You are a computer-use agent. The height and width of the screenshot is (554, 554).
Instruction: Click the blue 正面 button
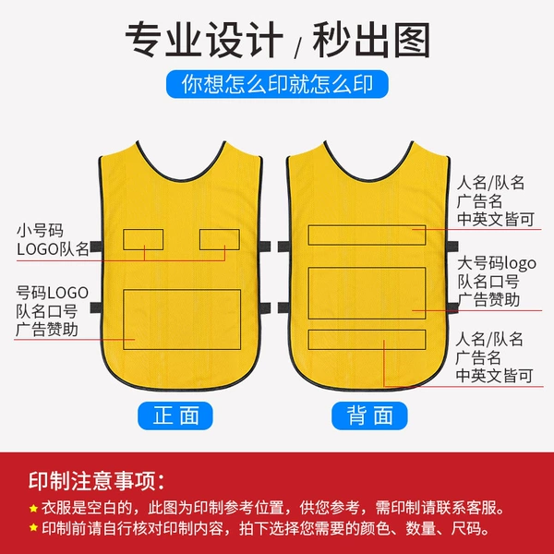click(x=175, y=415)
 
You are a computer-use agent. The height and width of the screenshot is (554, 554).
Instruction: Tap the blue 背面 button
click(x=369, y=415)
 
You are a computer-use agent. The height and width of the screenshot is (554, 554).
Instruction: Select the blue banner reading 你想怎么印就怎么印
click(x=277, y=84)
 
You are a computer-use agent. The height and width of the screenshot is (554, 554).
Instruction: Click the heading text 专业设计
click(x=204, y=40)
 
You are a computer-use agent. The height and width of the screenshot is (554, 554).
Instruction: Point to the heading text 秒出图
click(x=371, y=40)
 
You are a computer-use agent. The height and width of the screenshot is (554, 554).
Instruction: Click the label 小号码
click(x=40, y=231)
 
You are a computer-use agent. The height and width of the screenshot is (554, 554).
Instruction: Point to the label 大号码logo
click(x=497, y=263)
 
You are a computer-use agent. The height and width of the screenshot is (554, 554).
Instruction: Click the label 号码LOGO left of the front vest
click(x=52, y=293)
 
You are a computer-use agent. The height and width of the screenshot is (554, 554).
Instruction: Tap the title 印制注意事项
click(x=96, y=480)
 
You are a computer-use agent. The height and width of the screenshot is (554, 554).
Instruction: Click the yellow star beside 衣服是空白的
click(x=33, y=509)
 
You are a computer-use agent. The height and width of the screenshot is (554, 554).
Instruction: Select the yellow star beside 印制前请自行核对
click(x=33, y=528)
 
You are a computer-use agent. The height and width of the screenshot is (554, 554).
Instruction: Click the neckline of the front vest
click(x=181, y=179)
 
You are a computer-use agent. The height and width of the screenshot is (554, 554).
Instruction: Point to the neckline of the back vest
click(x=368, y=179)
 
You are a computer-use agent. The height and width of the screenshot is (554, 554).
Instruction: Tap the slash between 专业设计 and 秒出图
click(x=298, y=48)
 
